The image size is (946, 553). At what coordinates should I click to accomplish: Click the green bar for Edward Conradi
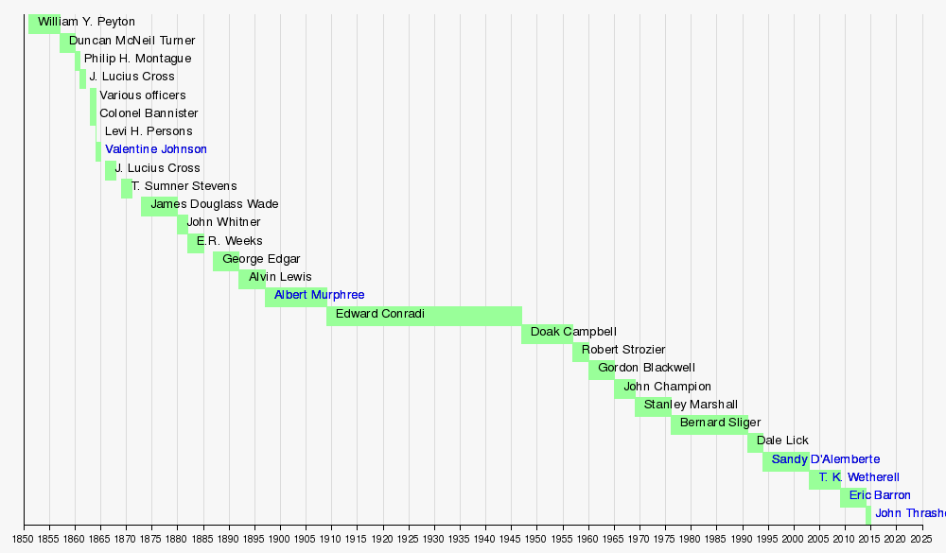[x=424, y=317]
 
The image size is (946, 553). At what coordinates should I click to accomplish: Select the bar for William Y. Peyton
[x=44, y=24]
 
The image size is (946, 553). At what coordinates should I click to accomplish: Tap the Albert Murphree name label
[x=319, y=295]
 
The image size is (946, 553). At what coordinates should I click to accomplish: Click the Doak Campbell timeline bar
[x=547, y=334]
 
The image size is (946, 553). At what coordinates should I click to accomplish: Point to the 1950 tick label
[x=536, y=539]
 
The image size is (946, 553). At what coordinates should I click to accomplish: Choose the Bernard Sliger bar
[x=709, y=424]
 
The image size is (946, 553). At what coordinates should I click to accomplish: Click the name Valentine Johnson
[x=156, y=149]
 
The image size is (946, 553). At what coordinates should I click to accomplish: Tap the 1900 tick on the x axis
[x=280, y=539]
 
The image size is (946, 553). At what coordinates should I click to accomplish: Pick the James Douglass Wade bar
[x=159, y=206]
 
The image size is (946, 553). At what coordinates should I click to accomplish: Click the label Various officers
[x=143, y=95]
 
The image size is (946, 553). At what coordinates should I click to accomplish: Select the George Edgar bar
[x=226, y=261]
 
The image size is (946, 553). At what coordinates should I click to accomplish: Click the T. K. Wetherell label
[x=859, y=477]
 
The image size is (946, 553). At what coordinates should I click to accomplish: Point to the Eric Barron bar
[x=853, y=497]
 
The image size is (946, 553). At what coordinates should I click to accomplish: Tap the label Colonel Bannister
[x=149, y=113]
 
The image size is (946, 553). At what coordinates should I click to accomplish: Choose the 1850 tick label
[x=24, y=539]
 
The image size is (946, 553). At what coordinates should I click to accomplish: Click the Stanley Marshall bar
[x=653, y=406]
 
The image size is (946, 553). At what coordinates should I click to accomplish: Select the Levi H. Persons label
[x=149, y=131]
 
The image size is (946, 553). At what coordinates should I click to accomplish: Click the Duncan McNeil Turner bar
[x=67, y=43]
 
